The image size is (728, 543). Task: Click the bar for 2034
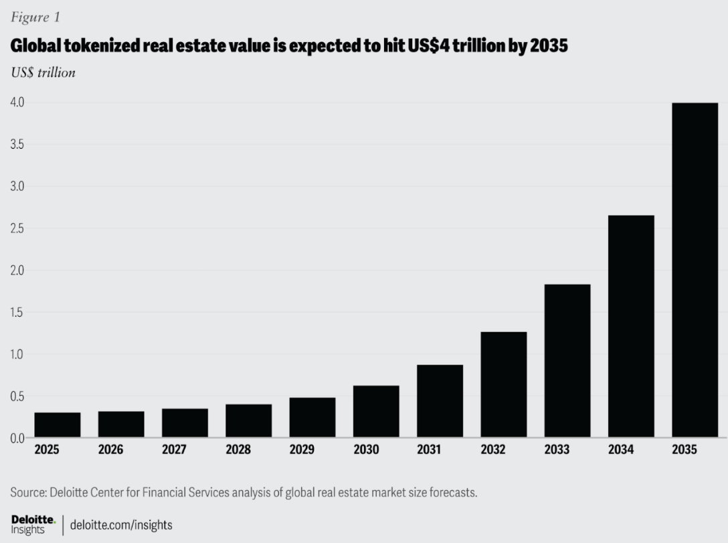click(631, 326)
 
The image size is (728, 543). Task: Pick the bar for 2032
click(503, 384)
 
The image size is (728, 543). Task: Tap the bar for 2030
click(376, 411)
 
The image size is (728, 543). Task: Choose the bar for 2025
click(58, 424)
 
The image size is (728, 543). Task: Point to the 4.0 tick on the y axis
click(17, 102)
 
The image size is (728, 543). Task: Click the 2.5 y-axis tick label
click(17, 228)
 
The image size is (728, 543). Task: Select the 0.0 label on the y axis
click(17, 438)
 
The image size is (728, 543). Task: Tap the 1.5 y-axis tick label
click(17, 312)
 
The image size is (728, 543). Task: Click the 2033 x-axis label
click(557, 450)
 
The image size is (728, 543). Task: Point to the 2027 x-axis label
click(175, 450)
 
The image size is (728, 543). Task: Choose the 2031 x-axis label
click(430, 450)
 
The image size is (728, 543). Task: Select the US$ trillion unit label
click(43, 72)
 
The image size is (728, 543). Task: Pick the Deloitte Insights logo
click(33, 524)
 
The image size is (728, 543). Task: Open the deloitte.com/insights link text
click(121, 525)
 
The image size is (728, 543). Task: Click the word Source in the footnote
click(29, 493)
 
